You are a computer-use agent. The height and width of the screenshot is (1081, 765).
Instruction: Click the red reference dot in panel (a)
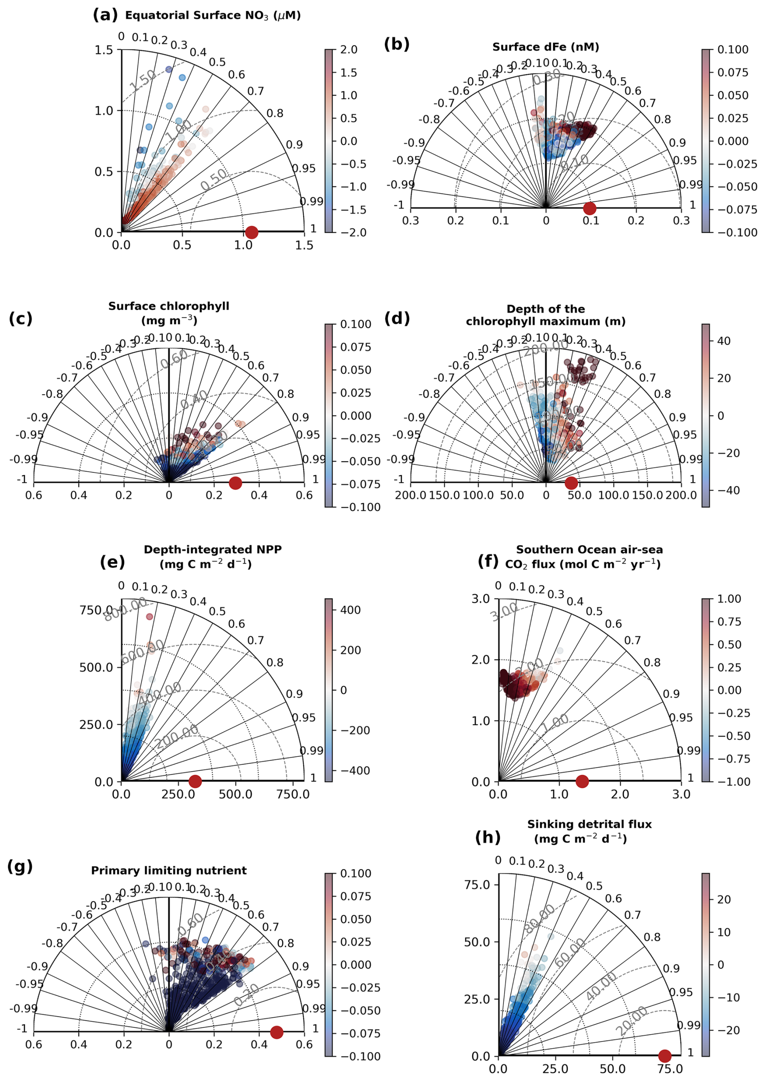251,232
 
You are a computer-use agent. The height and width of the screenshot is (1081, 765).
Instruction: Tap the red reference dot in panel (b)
589,208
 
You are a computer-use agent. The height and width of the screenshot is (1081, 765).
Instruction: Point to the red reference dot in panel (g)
277,1032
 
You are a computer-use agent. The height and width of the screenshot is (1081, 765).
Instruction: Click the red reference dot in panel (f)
582,782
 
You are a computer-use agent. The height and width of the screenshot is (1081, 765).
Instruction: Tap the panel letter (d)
397,319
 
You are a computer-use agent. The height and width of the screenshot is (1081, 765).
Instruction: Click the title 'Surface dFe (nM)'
545,47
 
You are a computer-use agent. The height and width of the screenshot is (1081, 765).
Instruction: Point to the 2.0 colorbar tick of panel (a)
349,50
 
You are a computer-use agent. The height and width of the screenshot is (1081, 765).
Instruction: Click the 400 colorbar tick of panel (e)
351,610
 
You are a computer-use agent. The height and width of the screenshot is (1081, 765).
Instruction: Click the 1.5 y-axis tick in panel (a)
104,50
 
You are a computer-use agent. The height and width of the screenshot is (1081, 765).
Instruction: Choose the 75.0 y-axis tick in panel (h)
477,885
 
